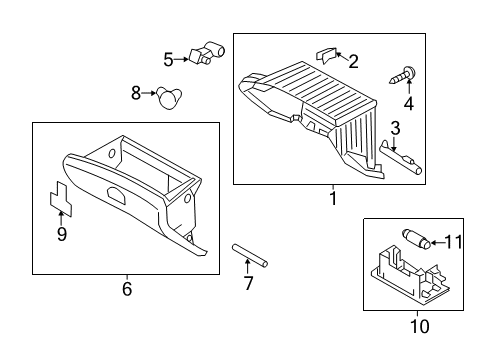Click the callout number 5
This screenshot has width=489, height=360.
(169, 60)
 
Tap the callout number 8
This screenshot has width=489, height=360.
(136, 93)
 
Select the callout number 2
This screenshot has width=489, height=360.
(353, 62)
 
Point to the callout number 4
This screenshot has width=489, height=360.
(409, 103)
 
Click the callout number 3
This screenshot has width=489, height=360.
(395, 128)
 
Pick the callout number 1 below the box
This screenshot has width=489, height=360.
(333, 198)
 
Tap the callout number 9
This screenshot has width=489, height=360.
(62, 234)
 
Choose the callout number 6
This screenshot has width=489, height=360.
(127, 289)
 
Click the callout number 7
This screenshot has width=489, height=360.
(248, 283)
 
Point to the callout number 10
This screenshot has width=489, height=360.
(420, 326)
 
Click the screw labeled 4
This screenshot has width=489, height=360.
(403, 76)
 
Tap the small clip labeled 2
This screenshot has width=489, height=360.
(326, 55)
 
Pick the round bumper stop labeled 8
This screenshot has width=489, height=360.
(169, 97)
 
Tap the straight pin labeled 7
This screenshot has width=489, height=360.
(250, 255)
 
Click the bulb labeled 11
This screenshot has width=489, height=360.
(416, 239)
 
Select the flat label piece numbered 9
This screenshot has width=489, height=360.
(61, 199)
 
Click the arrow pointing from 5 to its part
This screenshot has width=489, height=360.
(181, 59)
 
